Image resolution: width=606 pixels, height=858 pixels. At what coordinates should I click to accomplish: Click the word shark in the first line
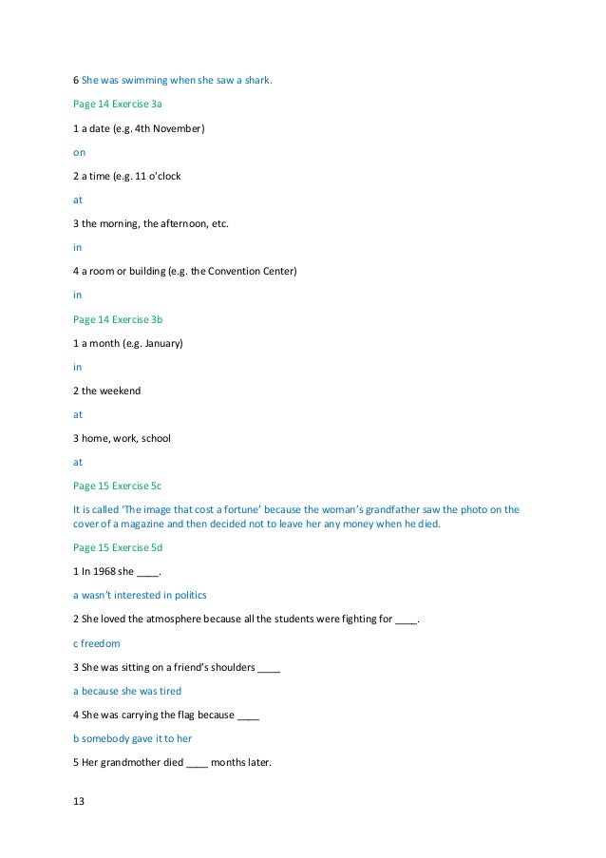coord(257,80)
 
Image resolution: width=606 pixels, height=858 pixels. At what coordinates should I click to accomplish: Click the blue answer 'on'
coord(79,151)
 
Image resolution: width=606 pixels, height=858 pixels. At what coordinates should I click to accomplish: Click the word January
coord(159,342)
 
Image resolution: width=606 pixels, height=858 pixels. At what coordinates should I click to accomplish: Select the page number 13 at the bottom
coord(79,802)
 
